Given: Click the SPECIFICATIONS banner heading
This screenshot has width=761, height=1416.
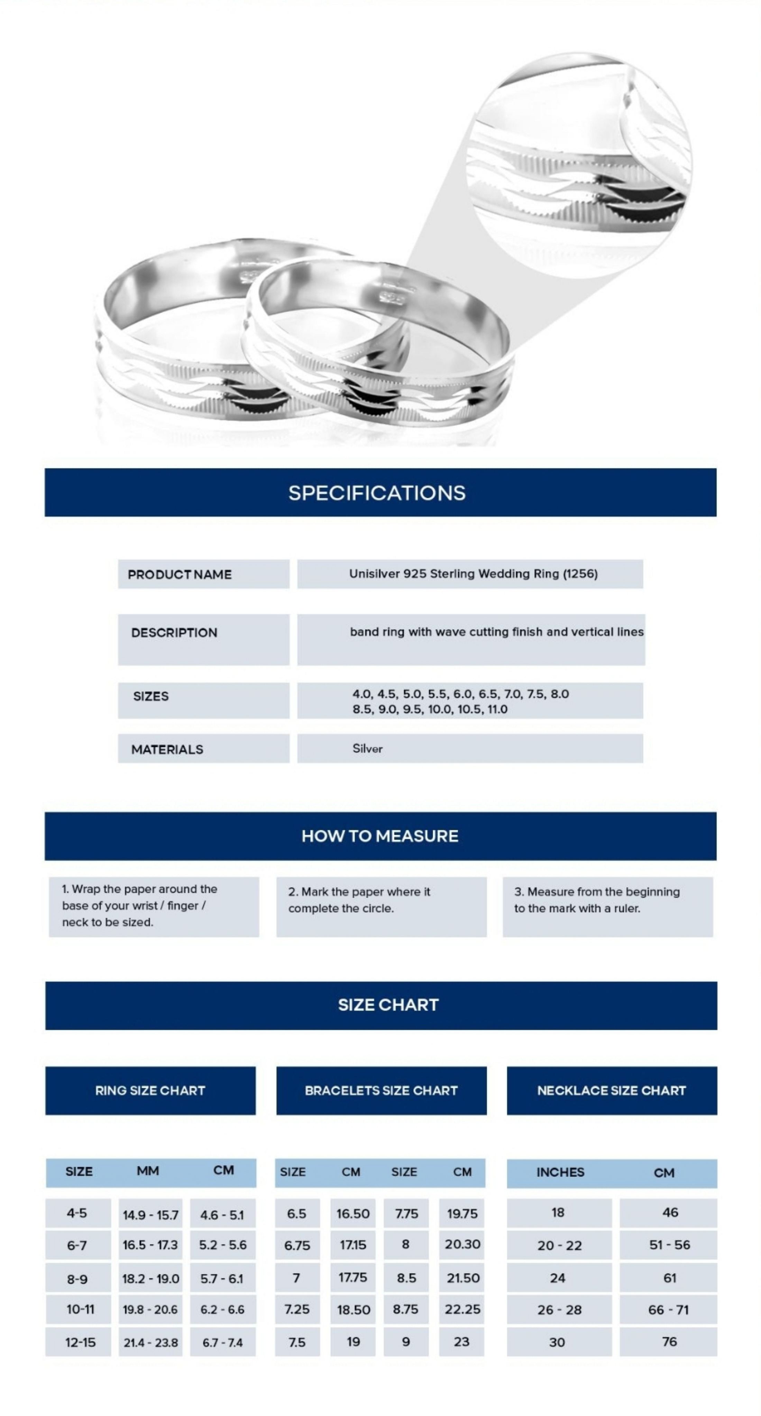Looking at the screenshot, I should point(377,493).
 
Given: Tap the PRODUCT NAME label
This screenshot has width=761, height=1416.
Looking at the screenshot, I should point(180,575).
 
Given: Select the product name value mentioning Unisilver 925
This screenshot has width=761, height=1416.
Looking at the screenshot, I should point(473,574).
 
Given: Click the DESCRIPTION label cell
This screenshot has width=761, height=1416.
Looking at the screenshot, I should point(174,633).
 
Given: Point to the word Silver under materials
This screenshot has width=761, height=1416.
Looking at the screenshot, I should point(367,749).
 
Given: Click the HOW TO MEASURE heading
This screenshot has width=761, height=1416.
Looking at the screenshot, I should point(379,836).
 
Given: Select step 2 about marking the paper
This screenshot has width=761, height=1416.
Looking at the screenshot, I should point(359,900).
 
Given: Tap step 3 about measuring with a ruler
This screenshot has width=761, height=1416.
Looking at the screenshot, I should point(597,900).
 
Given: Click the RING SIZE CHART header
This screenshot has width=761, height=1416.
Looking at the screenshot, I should point(150,1091).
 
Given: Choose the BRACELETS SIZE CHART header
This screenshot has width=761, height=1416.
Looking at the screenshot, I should point(381,1091).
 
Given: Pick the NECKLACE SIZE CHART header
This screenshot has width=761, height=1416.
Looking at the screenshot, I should point(612,1091).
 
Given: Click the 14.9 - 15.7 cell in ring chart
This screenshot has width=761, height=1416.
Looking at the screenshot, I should point(150,1215).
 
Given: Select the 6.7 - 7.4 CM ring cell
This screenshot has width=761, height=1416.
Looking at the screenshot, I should point(223,1342).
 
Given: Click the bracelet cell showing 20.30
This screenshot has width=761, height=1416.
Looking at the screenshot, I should point(462,1245).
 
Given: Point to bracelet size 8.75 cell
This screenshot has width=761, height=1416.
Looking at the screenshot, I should point(405,1310).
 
